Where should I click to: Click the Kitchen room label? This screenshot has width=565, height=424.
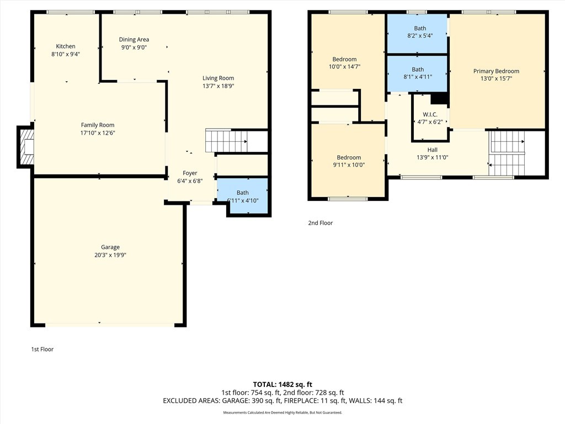66,46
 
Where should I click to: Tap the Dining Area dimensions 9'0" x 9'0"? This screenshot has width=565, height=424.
134,47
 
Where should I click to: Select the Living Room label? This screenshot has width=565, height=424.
218,78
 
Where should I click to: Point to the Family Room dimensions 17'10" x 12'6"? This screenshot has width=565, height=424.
98,132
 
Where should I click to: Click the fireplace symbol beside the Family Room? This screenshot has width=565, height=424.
26,147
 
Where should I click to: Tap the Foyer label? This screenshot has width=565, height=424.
190,173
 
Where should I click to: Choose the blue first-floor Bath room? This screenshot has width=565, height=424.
242,195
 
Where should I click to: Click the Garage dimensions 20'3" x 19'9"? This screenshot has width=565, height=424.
110,255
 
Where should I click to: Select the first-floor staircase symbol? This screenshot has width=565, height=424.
226,141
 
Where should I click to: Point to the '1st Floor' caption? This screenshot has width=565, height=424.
42,349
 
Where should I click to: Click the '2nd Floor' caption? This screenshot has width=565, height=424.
321,223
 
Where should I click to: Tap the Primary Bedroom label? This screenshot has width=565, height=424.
496,71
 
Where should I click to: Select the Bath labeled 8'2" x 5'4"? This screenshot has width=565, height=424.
417,34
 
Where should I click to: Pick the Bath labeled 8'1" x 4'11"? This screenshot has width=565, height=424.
417,73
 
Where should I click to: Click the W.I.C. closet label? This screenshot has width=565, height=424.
430,114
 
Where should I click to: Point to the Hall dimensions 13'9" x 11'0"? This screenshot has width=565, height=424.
433,157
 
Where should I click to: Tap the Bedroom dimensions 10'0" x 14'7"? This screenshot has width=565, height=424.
344,66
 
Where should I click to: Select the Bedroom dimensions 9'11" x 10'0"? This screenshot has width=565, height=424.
349,165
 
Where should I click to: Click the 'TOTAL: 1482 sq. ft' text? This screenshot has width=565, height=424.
282,384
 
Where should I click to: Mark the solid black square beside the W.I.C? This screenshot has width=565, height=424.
439,99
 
